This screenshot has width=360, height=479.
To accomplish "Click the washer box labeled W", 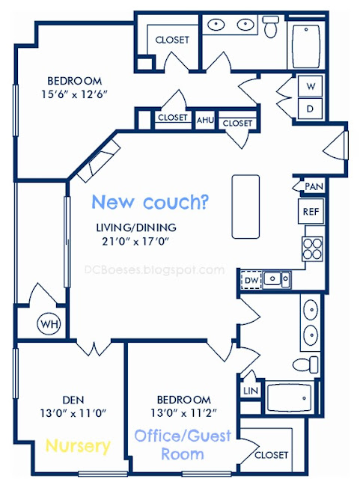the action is click(x=310, y=86).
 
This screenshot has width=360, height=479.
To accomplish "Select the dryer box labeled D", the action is click(x=310, y=109).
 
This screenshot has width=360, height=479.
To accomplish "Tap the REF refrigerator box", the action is click(x=311, y=211).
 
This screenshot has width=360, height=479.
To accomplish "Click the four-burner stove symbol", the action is click(x=312, y=248).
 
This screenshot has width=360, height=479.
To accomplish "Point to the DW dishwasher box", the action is click(x=251, y=280).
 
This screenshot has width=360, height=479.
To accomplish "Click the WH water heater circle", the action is click(x=49, y=323).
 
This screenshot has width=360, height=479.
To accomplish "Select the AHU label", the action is click(x=205, y=120).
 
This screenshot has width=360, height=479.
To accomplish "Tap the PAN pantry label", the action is click(x=314, y=186).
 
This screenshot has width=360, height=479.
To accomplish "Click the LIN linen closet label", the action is click(x=251, y=391).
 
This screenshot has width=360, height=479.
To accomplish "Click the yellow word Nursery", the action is click(x=78, y=446).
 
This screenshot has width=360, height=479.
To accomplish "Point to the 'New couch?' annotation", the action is click(x=150, y=202).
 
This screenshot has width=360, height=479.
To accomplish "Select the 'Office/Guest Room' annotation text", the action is click(x=183, y=445).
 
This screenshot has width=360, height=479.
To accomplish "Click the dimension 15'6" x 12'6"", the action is click(x=75, y=94).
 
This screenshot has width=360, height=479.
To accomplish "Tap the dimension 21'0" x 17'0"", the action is click(x=135, y=242).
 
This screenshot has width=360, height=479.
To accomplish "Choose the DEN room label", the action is click(x=73, y=400).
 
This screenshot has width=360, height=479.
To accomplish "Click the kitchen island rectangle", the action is click(x=245, y=207).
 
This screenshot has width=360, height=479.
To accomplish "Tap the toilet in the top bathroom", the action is click(x=271, y=26).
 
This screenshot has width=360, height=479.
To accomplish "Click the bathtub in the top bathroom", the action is click(x=306, y=46).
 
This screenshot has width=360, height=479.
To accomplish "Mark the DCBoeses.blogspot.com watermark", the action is click(x=154, y=270).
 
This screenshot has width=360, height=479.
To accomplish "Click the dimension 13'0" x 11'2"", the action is click(x=183, y=413).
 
